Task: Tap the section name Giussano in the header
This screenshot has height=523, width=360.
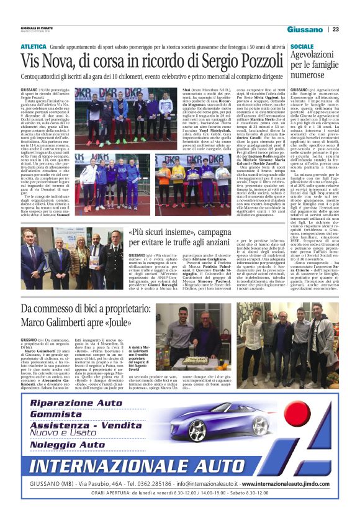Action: coord(305,30)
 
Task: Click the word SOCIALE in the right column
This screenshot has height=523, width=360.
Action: coord(302,47)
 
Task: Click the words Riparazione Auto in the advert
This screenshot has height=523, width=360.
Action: coord(86,402)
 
